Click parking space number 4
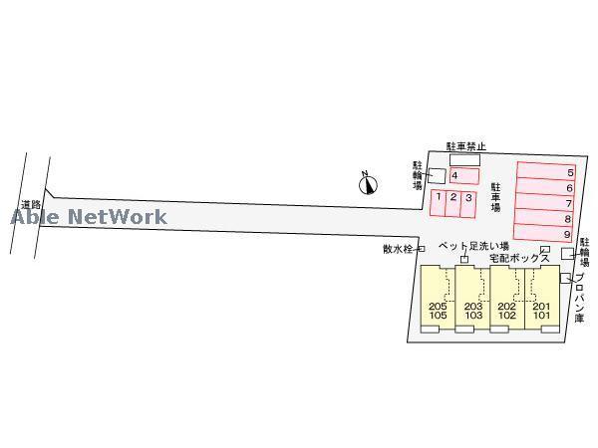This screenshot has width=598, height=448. (x=464, y=176)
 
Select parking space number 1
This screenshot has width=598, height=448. (x=439, y=202)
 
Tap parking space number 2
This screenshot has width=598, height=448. (x=453, y=202)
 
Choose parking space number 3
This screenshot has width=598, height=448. (x=468, y=202)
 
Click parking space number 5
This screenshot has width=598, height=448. (x=545, y=171)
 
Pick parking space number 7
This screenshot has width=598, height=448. (x=545, y=202)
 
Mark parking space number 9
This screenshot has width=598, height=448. (x=545, y=234)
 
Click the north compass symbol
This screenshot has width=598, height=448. (x=368, y=182)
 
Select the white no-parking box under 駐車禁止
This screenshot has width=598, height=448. (x=464, y=159)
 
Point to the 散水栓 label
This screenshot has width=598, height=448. (x=398, y=249)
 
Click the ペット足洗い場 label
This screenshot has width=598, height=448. (x=474, y=246)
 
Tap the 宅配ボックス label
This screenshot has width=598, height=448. (x=519, y=258)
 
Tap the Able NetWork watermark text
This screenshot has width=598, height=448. (x=90, y=215)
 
